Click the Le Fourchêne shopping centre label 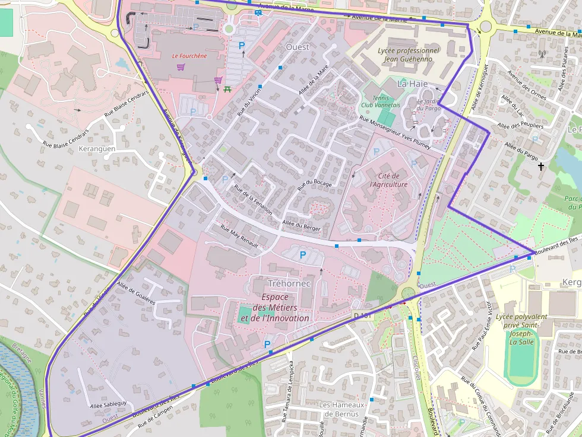coord(189,56)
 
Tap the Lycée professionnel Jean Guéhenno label coord(409,55)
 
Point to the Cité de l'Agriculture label coord(389,180)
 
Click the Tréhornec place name coord(289,283)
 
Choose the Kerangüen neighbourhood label coord(97,149)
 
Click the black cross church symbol coord(540,167)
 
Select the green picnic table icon coord(228,90)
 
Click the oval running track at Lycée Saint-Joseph coord(521,362)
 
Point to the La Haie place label coord(412,84)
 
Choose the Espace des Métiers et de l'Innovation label coord(274,308)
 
